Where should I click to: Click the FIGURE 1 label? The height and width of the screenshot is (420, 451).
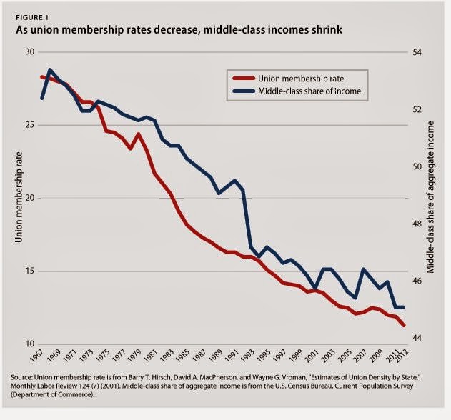32,18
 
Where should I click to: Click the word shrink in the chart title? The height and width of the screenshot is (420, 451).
326,29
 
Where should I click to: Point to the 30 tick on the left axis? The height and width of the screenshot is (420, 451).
30,51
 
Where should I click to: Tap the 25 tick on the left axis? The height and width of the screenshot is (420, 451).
30,125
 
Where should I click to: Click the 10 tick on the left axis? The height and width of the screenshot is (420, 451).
30,344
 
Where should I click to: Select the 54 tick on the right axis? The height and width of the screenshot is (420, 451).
417,52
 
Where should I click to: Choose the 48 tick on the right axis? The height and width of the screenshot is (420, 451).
417,224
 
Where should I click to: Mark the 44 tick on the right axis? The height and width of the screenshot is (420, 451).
417,338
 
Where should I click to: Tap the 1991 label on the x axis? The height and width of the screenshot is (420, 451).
229,356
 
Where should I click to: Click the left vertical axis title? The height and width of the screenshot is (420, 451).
19,197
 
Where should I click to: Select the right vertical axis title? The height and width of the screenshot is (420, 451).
430,197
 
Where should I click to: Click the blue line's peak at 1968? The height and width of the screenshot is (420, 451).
50,69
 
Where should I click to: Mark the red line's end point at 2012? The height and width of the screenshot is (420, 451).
404,325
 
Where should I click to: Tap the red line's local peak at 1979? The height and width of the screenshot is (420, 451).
139,134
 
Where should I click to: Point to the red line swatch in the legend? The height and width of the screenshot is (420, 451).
244,79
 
